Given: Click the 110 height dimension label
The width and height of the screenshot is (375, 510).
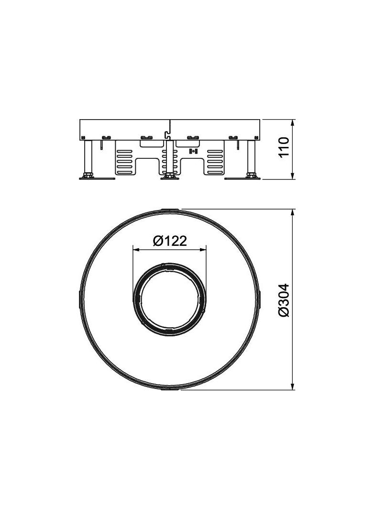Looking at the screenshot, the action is point(284,147).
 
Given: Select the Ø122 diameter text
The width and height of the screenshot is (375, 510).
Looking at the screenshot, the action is point(170,241).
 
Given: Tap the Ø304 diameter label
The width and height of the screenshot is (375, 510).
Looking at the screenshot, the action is point(284,300).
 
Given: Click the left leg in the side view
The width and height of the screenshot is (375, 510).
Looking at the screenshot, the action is point(88,156).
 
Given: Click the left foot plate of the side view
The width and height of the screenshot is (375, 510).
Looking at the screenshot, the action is point(97,178).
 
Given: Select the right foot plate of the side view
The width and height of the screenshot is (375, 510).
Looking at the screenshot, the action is point(243,178).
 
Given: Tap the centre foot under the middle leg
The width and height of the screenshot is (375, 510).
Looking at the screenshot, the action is point(169,177).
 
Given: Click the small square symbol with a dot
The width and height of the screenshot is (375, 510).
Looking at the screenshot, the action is point(194,152).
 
